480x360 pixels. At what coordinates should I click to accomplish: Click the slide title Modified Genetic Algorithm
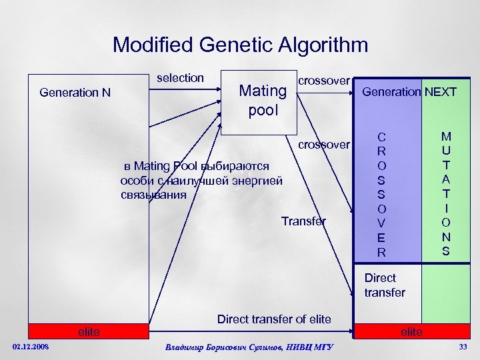[240, 45]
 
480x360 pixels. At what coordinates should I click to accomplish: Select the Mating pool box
[257, 99]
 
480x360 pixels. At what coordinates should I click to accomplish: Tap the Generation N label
[75, 93]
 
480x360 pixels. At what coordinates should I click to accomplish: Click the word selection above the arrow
[180, 78]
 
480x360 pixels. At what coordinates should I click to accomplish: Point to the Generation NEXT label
[409, 92]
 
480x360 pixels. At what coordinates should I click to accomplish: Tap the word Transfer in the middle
[303, 221]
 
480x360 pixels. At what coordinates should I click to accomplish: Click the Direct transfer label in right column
[385, 285]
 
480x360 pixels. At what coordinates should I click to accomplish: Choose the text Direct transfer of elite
[274, 319]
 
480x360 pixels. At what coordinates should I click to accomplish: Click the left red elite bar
[88, 331]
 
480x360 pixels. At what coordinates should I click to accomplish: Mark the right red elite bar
[411, 331]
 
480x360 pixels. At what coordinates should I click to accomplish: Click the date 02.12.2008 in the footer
[31, 346]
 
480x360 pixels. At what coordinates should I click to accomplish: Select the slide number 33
[463, 346]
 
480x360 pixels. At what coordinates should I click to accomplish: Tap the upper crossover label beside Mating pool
[323, 81]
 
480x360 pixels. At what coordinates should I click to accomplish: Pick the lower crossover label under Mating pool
[323, 145]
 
